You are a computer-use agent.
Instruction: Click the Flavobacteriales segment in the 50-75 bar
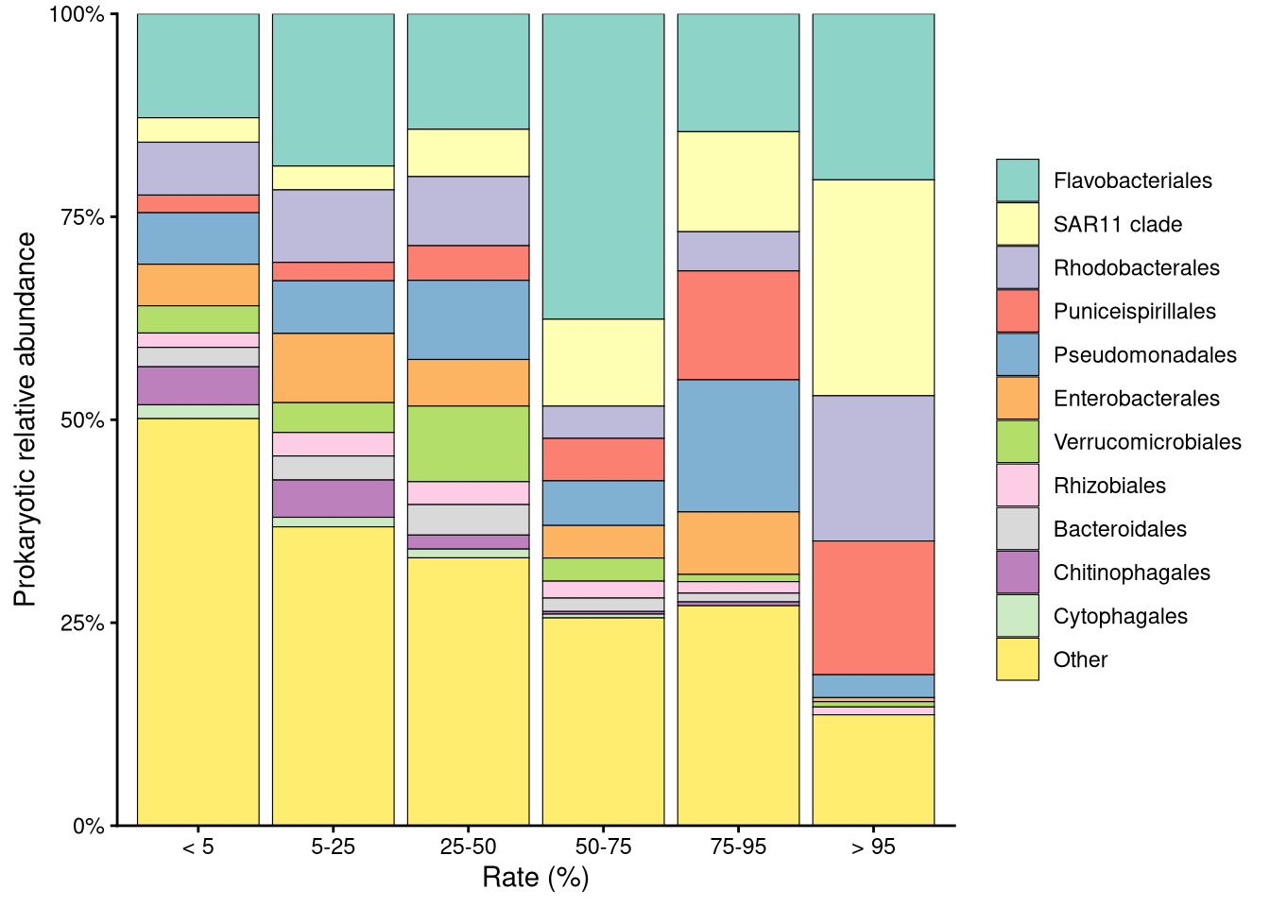click(603, 166)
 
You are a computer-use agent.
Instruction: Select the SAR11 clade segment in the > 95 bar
click(873, 287)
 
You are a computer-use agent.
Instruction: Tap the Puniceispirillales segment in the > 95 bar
click(873, 608)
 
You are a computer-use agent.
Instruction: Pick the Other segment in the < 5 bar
click(198, 622)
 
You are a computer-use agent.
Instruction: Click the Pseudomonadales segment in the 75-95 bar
click(738, 445)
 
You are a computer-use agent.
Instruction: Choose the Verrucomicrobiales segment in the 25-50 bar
click(468, 443)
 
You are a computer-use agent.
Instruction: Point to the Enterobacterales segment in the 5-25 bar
click(334, 368)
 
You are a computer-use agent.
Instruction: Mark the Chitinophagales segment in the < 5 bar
click(198, 385)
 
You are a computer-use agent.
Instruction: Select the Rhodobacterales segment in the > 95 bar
click(873, 468)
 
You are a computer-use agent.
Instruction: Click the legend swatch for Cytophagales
click(1018, 616)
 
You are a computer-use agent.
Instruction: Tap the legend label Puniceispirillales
click(1134, 312)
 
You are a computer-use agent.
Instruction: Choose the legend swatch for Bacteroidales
click(1018, 529)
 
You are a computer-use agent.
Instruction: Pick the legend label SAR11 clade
click(1117, 225)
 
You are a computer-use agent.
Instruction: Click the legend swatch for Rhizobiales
click(1018, 486)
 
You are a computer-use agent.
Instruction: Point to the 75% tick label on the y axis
click(83, 217)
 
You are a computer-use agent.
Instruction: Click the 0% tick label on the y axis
click(89, 827)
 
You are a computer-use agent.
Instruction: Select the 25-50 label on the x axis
click(468, 847)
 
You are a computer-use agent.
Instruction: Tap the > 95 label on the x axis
click(873, 847)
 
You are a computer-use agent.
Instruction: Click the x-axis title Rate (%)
click(535, 878)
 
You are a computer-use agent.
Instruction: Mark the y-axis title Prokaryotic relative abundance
click(26, 419)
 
